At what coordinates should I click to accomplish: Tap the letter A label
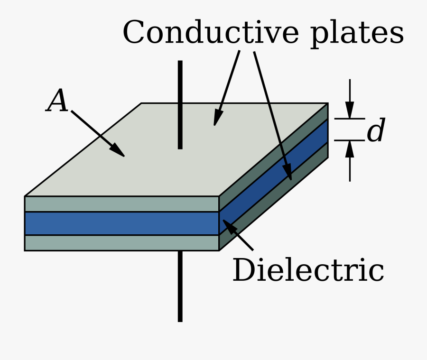pyautogui.click(x=57, y=102)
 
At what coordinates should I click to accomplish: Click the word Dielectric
pyautogui.click(x=308, y=271)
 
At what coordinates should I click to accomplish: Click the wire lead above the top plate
pyautogui.click(x=180, y=104)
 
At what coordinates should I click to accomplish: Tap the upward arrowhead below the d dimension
pyautogui.click(x=350, y=148)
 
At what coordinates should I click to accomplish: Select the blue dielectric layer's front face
pyautogui.click(x=121, y=223)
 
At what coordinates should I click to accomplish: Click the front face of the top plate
pyautogui.click(x=121, y=204)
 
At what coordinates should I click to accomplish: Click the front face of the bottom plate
pyautogui.click(x=121, y=242)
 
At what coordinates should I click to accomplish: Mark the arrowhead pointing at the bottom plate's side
pyautogui.click(x=288, y=173)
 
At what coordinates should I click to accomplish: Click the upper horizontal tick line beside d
pyautogui.click(x=350, y=119)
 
